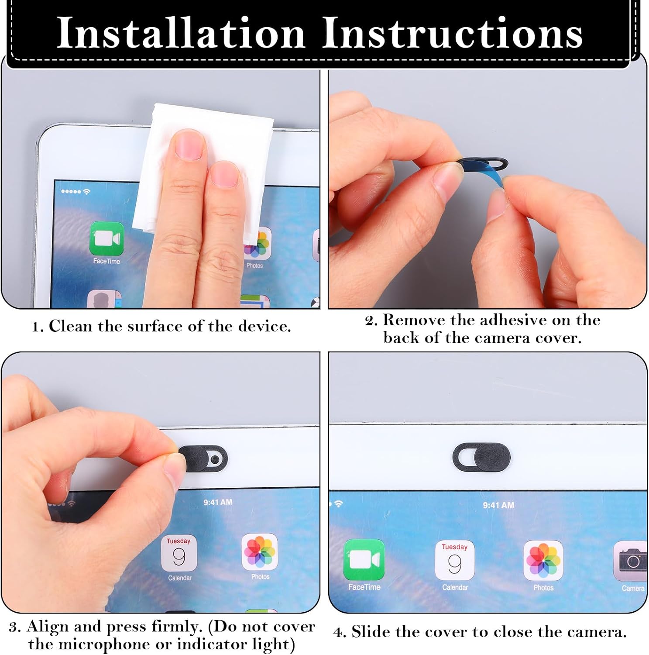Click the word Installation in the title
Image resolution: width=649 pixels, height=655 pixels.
tap(181, 33)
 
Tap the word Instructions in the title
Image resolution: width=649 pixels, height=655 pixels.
tap(453, 33)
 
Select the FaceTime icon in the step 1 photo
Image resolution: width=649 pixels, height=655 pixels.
tap(106, 238)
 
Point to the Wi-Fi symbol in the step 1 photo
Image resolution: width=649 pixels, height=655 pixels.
tap(86, 192)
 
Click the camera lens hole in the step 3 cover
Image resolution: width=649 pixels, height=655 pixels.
tap(214, 459)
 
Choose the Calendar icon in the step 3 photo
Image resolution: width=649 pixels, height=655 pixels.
tap(179, 554)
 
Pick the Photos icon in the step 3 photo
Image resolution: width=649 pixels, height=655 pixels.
tap(260, 552)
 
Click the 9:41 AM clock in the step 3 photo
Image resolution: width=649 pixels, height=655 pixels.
tap(218, 502)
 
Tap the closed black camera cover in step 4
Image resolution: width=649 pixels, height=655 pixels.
tap(482, 457)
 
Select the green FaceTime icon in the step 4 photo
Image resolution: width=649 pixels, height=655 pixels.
tap(364, 560)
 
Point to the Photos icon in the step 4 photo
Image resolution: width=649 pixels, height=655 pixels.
tap(543, 561)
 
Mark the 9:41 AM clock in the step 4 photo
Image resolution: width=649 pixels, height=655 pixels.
tap(498, 505)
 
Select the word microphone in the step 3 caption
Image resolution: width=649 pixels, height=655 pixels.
tap(114, 645)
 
